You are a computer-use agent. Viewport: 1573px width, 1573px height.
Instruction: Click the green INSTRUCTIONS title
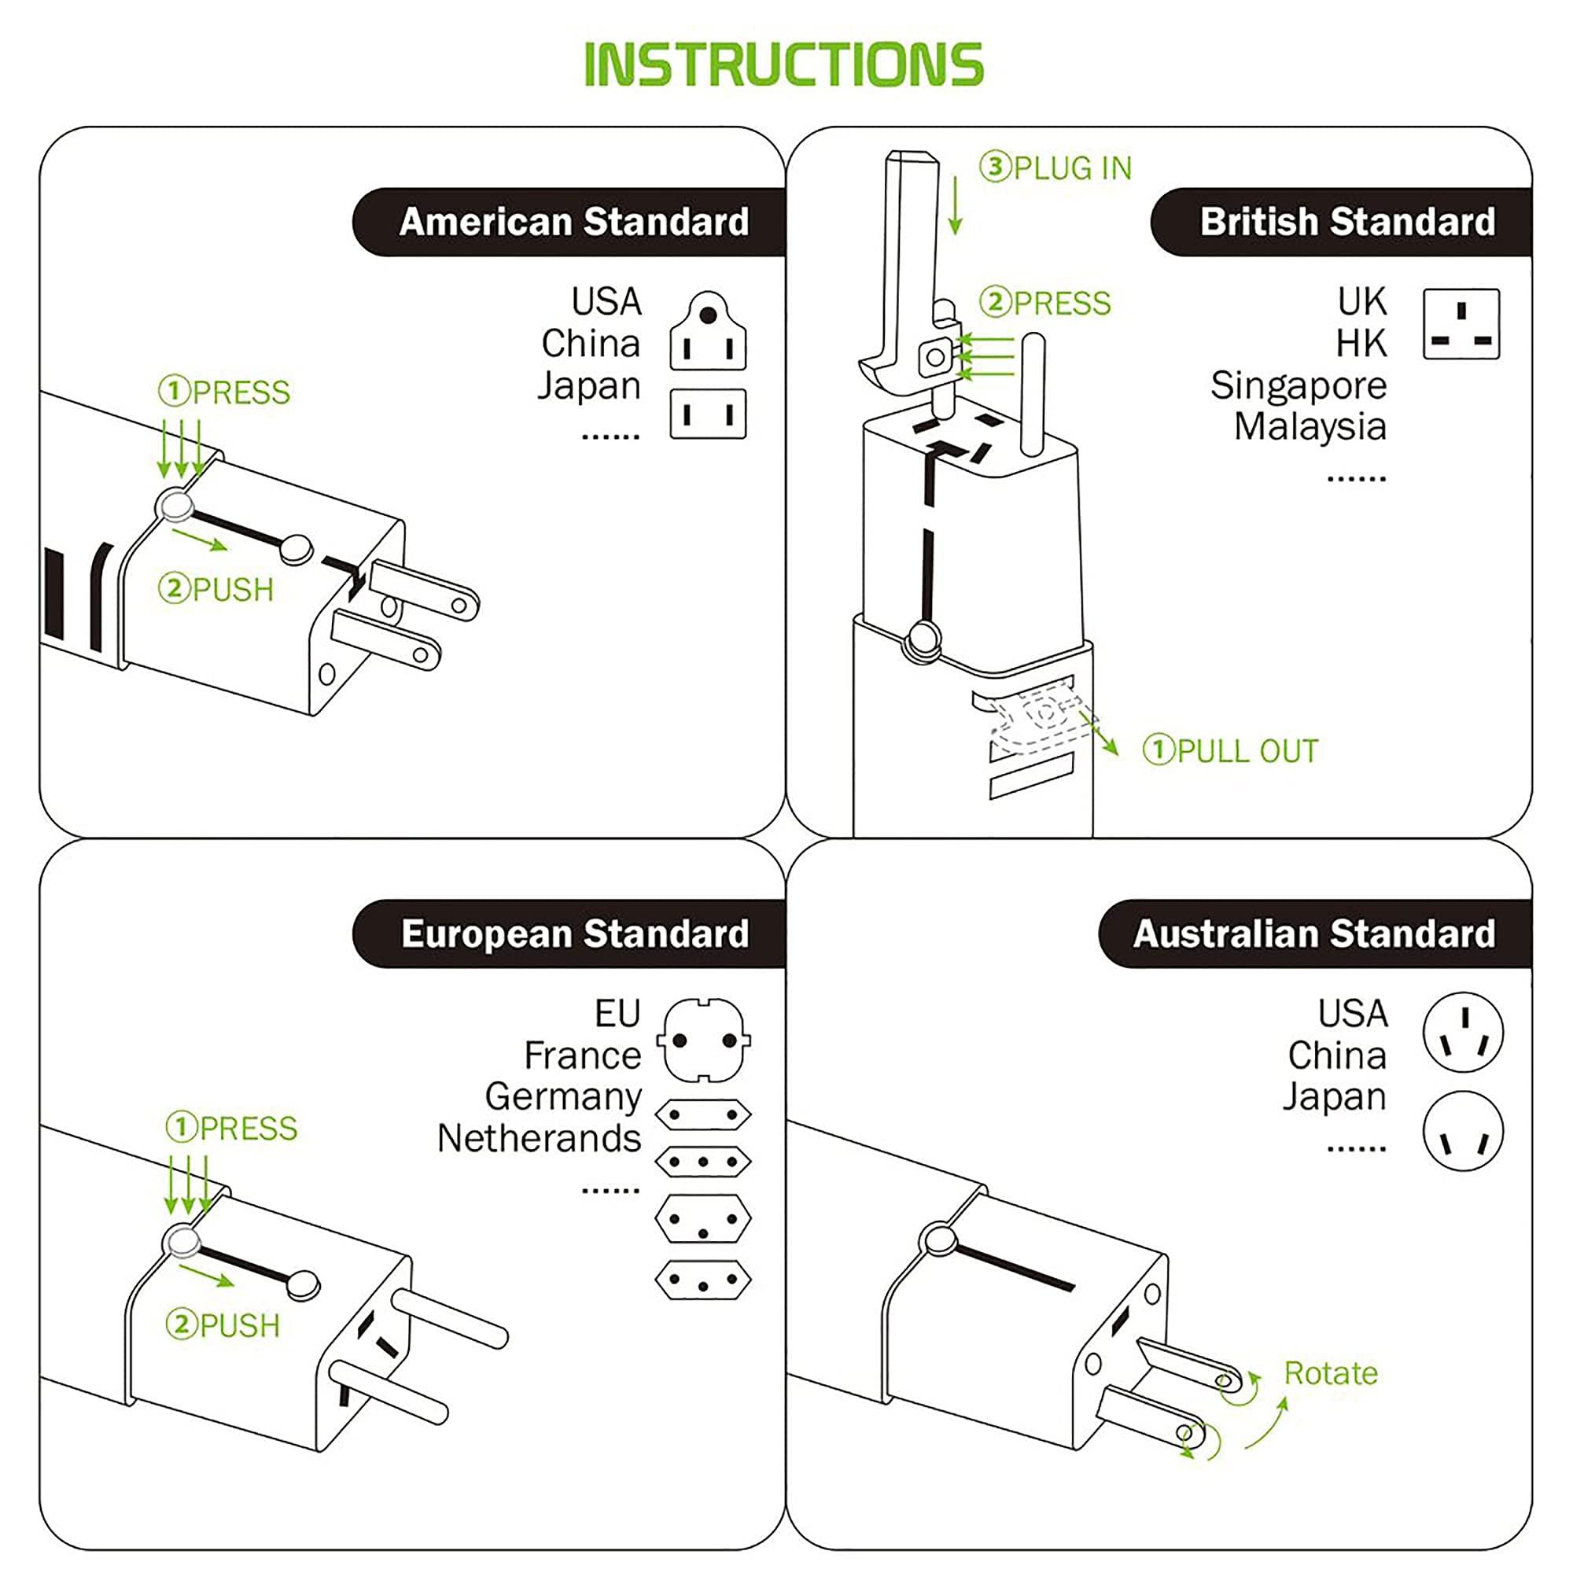click(x=784, y=64)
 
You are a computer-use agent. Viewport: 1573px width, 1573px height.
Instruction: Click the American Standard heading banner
click(x=573, y=223)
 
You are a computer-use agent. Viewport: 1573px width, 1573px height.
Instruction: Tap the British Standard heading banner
click(x=1346, y=223)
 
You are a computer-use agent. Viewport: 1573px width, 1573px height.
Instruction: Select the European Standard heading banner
click(x=574, y=934)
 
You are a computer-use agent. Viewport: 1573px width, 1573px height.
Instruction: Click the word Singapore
click(x=1298, y=385)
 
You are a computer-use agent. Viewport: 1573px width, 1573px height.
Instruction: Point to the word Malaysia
click(x=1310, y=426)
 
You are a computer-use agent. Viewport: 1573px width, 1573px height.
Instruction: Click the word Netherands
click(x=538, y=1138)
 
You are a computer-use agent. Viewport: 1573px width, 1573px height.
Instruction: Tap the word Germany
click(x=562, y=1096)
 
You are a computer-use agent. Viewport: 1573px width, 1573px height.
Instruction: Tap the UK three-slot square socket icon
click(x=1461, y=324)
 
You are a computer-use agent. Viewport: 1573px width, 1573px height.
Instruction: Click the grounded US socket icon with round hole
click(x=708, y=332)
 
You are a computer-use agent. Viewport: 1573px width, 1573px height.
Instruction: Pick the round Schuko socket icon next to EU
click(x=703, y=1041)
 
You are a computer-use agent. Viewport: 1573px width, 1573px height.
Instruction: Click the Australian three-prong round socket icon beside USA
click(x=1462, y=1033)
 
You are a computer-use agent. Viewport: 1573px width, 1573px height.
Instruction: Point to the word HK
click(x=1361, y=344)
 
